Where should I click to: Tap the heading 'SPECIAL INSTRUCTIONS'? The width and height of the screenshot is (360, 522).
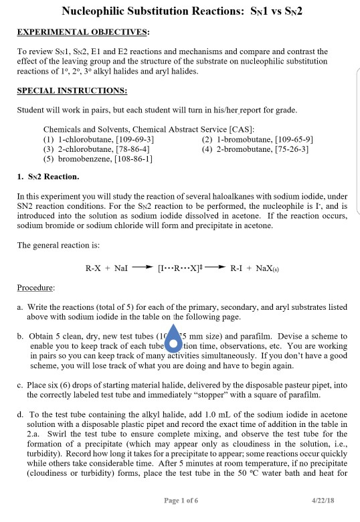[72, 90]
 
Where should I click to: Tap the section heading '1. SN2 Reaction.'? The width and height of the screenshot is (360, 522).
[48, 177]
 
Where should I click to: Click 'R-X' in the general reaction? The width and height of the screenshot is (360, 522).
[94, 269]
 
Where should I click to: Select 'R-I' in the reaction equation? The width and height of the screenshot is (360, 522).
[238, 269]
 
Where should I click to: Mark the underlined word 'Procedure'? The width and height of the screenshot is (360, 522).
[36, 287]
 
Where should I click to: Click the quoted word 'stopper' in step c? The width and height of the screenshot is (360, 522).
[211, 396]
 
